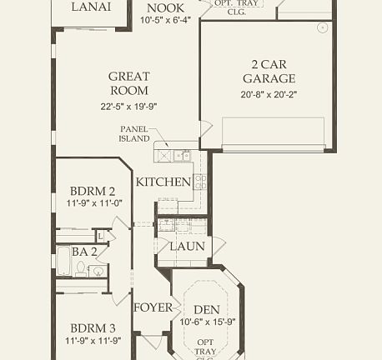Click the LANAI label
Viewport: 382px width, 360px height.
click(x=89, y=7)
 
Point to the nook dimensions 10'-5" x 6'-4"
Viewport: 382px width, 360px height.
click(x=165, y=20)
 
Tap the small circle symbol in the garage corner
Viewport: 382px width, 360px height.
click(x=321, y=27)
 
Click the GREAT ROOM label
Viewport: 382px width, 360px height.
click(x=128, y=83)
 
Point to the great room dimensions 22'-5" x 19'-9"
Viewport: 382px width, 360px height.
click(x=128, y=106)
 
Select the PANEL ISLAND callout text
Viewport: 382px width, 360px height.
click(x=133, y=134)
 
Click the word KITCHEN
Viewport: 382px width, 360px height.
click(x=163, y=182)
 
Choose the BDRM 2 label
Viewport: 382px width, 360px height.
click(x=93, y=190)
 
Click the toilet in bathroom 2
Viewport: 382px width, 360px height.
click(x=81, y=268)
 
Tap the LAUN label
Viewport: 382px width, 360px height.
click(x=187, y=247)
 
